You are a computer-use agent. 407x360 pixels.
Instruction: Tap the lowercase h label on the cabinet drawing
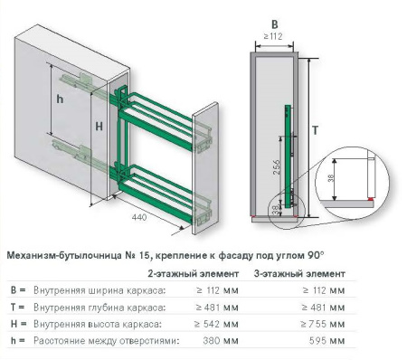pyautogui.click(x=59, y=98)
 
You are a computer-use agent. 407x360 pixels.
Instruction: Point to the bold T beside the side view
pyautogui.click(x=314, y=130)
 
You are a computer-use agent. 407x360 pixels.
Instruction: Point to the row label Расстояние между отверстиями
pyautogui.click(x=100, y=340)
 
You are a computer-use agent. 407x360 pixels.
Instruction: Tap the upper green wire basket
pyautogui.click(x=163, y=118)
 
